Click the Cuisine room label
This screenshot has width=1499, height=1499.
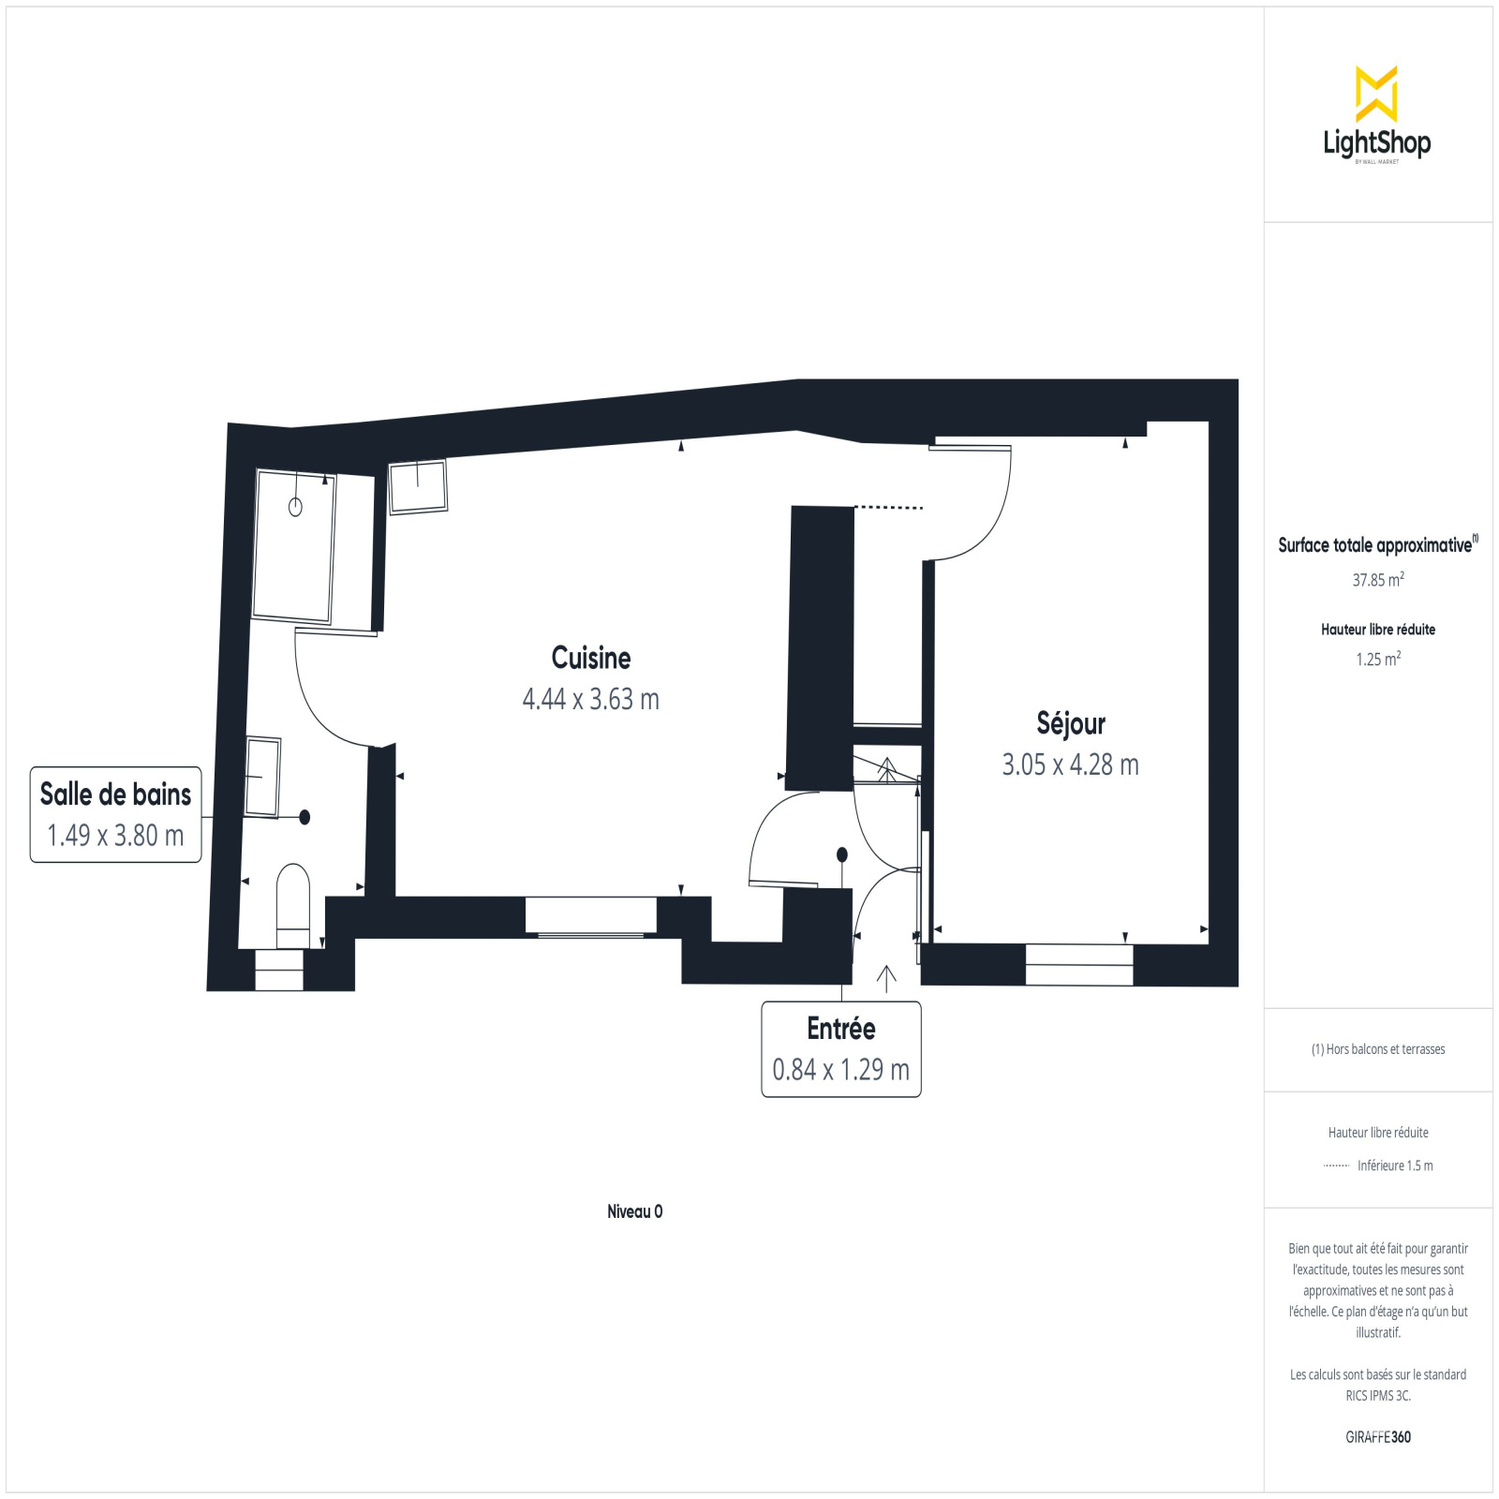coord(591,658)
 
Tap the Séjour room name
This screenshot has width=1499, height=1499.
coord(1071,723)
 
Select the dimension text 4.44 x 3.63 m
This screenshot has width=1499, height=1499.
coord(591,699)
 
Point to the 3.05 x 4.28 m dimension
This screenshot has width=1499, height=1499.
coord(1071,764)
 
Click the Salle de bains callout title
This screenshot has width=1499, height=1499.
coord(115,794)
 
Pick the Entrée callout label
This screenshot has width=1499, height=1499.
coord(841,1028)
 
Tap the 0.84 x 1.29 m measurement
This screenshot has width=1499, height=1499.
coord(841,1069)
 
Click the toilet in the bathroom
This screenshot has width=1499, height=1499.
coord(293,906)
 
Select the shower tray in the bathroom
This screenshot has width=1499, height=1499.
coord(294,546)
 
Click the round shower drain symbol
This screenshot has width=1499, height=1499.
coord(295,508)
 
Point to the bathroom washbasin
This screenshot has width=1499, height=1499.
coord(262,777)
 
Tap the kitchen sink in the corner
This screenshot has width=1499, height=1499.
coord(418,486)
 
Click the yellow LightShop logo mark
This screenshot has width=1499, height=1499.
coord(1376,94)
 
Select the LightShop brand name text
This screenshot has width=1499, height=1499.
coord(1377,142)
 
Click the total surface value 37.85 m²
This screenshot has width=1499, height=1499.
coord(1378,580)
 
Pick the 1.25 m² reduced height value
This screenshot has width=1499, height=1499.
coord(1378,659)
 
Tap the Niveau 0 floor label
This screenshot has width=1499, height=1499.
coord(635,1211)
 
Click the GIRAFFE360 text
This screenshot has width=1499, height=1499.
coord(1378,1437)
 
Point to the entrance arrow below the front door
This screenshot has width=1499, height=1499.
coord(886,978)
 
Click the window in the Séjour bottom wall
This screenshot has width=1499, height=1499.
coord(1079,965)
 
